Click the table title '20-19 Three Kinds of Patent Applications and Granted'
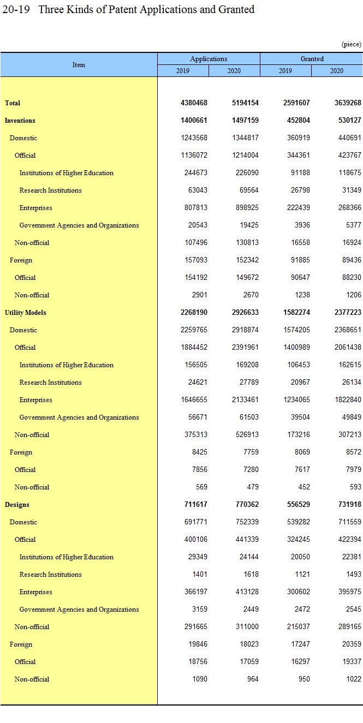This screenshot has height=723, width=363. coord(128,10)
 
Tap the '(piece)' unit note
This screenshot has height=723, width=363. coord(351,44)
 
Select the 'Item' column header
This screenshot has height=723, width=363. coord(79,65)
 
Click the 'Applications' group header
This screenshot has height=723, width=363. coord(209,59)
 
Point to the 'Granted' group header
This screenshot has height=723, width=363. coord(312,59)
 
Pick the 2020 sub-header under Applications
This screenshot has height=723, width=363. coord(234,71)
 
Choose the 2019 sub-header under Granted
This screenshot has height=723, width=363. coord(285,71)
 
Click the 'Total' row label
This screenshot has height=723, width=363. coord(13,103)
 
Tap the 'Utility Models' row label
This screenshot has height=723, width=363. coord(25,313)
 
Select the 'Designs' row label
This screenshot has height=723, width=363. coord(17,505)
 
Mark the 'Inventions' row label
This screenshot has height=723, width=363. coord(20,121)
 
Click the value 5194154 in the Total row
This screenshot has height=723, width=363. coord(242,103)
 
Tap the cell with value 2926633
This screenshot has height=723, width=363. coord(242,313)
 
